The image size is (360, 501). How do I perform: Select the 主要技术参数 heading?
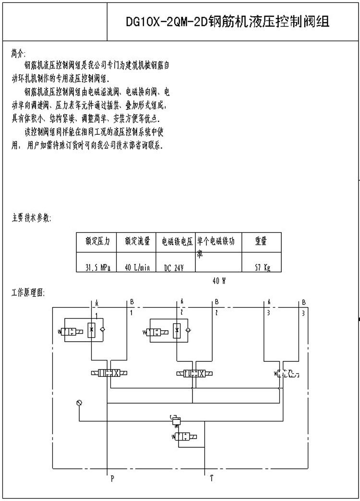pos(30,217)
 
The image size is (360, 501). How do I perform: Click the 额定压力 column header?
pos(97,242)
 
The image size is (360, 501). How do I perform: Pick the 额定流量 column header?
pos(137,242)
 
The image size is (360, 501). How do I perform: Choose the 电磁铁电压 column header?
pos(177,242)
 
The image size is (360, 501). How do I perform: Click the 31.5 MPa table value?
pos(97,267)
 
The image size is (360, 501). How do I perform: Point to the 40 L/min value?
pos(137,267)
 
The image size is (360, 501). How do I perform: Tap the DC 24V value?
pos(177,267)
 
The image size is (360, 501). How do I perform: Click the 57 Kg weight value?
pos(262,267)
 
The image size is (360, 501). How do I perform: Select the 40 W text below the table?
pos(219,282)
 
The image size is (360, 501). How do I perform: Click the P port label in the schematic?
pos(112,478)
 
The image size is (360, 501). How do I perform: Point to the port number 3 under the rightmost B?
pos(303,313)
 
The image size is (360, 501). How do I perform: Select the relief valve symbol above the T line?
pos(177,420)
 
